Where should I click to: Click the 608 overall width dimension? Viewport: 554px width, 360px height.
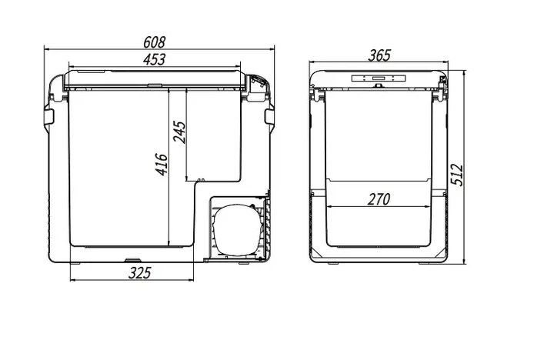(154, 42)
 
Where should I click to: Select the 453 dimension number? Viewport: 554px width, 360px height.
(154, 59)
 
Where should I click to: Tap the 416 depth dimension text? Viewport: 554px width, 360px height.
(162, 165)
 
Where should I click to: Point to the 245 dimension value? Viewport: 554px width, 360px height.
(179, 132)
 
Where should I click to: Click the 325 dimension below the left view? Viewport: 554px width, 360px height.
(139, 273)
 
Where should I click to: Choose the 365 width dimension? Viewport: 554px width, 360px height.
(379, 55)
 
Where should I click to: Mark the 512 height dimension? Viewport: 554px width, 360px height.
(457, 175)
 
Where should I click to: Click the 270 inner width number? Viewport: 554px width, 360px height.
(379, 199)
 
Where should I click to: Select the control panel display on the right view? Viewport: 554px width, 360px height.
(379, 78)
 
